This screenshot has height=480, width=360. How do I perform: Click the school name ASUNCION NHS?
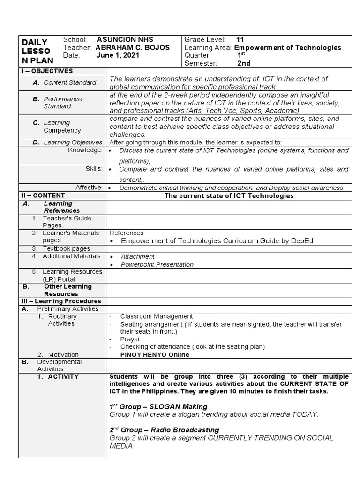125,40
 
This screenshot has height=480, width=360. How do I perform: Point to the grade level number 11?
240,40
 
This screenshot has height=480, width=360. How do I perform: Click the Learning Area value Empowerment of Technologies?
287,48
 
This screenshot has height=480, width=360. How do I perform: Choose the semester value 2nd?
244,63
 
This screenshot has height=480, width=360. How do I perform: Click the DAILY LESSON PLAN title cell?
38,52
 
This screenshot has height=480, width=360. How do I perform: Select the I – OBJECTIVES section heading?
47,71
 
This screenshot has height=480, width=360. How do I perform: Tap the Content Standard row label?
70,82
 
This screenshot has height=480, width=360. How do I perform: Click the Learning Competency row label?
62,127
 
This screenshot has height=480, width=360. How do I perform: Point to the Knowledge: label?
85,150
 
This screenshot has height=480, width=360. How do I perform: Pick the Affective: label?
89,187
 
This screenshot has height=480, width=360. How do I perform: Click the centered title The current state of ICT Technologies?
229,195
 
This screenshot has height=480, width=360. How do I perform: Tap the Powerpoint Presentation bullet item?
157,264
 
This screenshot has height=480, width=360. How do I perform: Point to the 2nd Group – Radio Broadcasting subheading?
164,430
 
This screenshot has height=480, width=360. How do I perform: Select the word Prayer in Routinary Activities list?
130,339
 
